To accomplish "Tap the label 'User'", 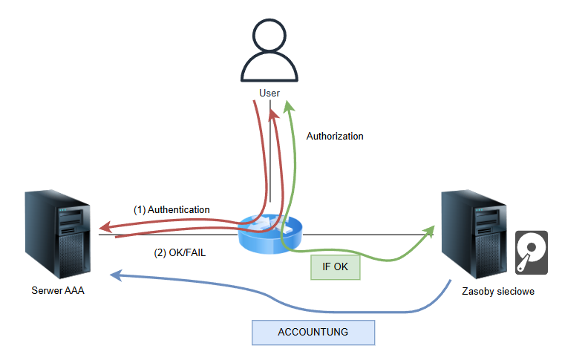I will coord(269,93).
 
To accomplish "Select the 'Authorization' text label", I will coord(335,137).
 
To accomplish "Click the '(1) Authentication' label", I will coord(171,210).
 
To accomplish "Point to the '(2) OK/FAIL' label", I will coord(180,252).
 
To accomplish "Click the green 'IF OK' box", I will coord(335,266).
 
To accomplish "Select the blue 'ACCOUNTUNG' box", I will coord(313,332).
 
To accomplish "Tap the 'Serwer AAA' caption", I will coord(58,290).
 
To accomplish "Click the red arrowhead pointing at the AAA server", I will coord(107,226).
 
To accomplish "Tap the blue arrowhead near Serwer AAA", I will coord(116,275).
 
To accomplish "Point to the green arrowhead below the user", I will coord(290,110).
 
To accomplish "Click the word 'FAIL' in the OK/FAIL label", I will coord(192,252).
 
